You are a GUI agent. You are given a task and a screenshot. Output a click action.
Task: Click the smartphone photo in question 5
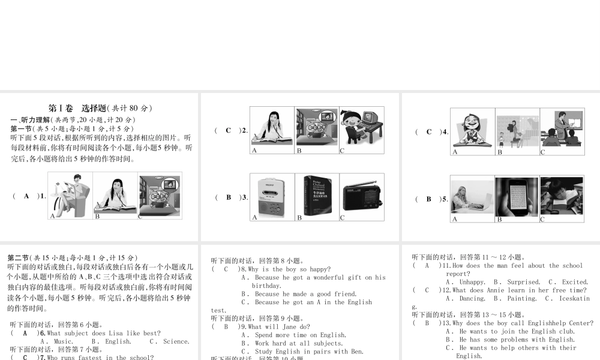click(x=517, y=197)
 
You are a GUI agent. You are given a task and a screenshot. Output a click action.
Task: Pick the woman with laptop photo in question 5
click(x=472, y=197)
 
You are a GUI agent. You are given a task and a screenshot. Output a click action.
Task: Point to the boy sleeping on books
click(x=562, y=197)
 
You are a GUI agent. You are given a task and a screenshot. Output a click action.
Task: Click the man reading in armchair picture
click(x=71, y=196)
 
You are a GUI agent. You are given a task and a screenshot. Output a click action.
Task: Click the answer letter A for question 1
click(x=26, y=196)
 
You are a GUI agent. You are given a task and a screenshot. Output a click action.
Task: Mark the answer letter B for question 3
click(x=228, y=197)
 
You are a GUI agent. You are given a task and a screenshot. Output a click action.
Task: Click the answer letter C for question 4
click(x=428, y=132)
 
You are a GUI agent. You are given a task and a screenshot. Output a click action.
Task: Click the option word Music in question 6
click(x=63, y=341)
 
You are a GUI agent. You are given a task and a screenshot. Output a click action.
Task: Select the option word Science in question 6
click(x=176, y=341)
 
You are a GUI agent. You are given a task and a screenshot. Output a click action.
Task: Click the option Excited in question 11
click(x=574, y=282)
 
